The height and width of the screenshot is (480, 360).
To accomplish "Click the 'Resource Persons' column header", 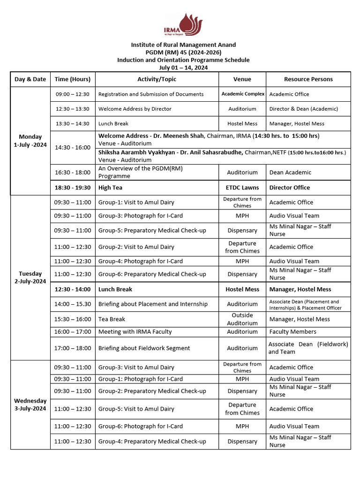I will pos(308,79).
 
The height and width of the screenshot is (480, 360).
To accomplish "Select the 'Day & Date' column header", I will pos(30,79).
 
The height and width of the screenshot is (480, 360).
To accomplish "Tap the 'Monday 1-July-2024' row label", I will pos(30,141).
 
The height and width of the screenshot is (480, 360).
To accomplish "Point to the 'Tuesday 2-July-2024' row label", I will pos(30,277).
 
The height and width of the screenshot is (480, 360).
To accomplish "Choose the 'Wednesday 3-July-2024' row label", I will pos(30,405).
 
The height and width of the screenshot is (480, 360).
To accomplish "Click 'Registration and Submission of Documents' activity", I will pos(151,94).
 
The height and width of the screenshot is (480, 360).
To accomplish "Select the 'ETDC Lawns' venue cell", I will pos(242,187).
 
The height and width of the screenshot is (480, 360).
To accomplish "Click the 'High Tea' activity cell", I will pos(110,187).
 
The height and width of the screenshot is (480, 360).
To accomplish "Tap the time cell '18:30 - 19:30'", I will pos(73,187).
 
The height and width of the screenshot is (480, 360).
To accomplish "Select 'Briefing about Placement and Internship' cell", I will pos(153,304).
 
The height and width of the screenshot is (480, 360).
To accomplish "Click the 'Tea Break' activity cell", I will pos(112,319).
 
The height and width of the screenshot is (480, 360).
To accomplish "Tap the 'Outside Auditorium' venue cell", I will pos(242,319).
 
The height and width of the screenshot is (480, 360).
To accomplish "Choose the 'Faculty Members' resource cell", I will pos(292,332).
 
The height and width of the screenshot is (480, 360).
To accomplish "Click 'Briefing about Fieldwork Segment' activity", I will pos(144,348).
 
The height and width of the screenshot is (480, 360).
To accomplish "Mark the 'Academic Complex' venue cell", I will pos(243,94).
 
